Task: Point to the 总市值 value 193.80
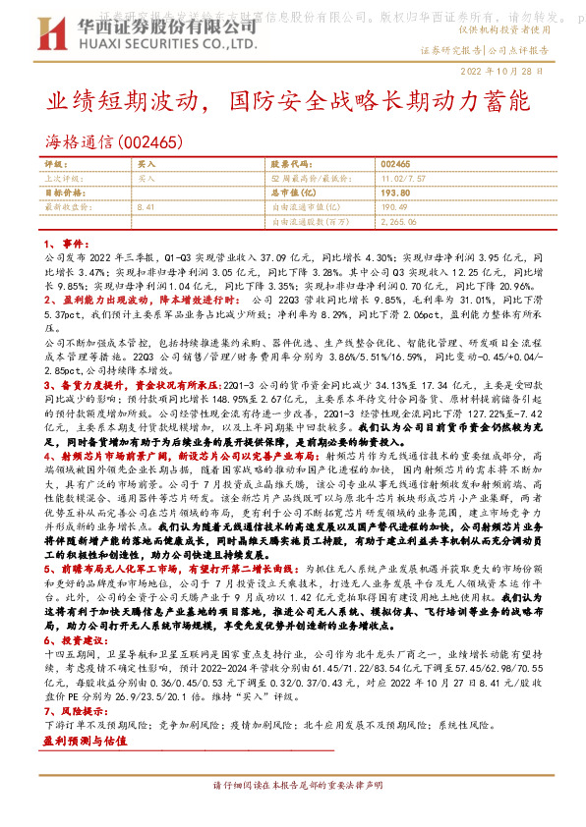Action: (395, 193)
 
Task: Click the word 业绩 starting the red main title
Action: (68, 101)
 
